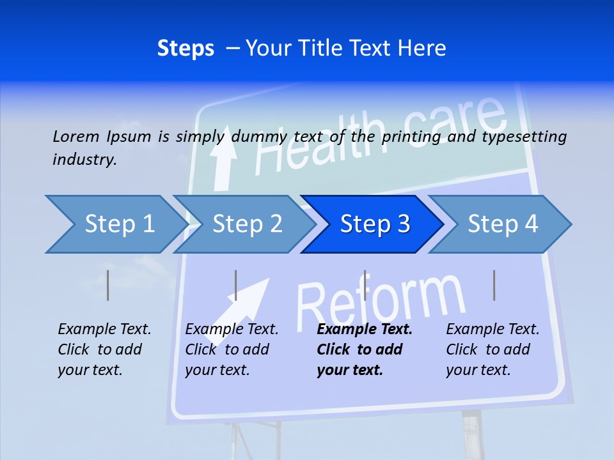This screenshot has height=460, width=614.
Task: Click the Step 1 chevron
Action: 115,224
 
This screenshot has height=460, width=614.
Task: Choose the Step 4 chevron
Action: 501,224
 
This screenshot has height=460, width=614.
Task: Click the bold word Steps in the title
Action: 185,49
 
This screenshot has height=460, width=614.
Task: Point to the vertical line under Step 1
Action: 108,285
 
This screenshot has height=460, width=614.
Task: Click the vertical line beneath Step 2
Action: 236,285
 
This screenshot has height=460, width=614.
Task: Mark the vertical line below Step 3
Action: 365,285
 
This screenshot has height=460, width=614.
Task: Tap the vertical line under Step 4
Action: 494,285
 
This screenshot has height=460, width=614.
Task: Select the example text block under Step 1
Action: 104,349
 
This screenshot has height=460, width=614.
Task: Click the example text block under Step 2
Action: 232,349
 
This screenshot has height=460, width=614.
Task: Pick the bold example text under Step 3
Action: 364,349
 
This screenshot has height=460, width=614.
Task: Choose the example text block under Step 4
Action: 492,349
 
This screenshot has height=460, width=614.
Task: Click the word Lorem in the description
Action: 75,137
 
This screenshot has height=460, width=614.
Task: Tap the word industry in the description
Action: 84,160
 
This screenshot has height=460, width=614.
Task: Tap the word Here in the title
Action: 421,49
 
